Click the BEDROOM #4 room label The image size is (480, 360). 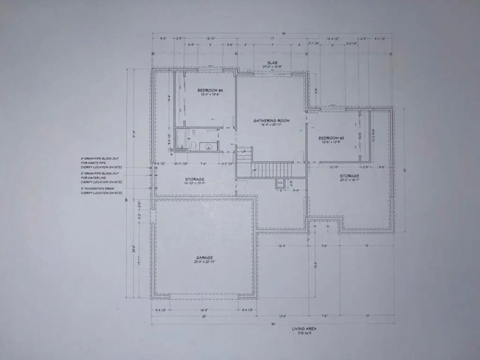(x=210, y=90)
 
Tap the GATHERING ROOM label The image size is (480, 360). (x=271, y=120)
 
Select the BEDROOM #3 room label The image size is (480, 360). (x=331, y=138)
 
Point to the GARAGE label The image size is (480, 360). (x=205, y=257)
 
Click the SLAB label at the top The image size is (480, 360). (x=272, y=63)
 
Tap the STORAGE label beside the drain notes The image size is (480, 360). (x=194, y=179)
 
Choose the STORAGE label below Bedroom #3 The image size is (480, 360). (x=350, y=176)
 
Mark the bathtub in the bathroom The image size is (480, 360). (x=181, y=140)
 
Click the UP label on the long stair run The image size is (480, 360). (x=254, y=170)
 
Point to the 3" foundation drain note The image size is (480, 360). (x=101, y=191)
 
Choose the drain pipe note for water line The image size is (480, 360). (x=101, y=177)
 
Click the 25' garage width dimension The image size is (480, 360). (x=204, y=316)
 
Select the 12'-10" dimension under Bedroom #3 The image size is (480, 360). (x=334, y=167)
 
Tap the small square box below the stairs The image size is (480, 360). (x=280, y=183)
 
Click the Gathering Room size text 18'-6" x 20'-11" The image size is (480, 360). (x=271, y=125)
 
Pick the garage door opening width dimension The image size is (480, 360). (x=204, y=310)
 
